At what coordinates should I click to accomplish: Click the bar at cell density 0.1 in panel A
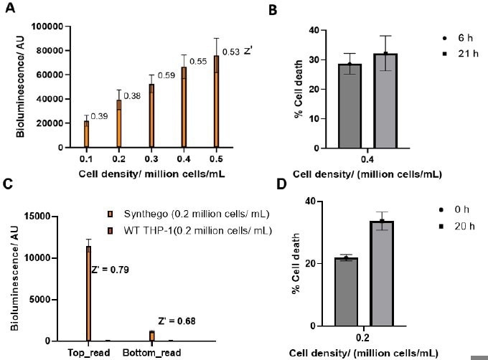pos(87,134)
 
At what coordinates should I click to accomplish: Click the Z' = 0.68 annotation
pos(177,321)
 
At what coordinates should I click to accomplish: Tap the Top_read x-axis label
pos(88,353)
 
